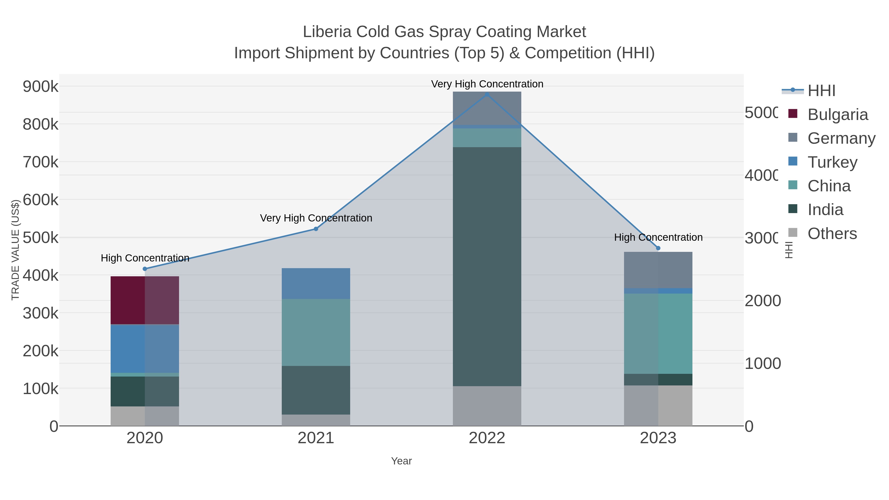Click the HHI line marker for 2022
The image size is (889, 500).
pos(487,95)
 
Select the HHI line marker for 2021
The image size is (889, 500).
pos(316,229)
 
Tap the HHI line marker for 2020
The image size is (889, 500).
pos(145,269)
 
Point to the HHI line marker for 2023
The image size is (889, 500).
pos(658,248)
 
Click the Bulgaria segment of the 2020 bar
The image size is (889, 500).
pos(145,300)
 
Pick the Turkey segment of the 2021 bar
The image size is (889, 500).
pos(316,283)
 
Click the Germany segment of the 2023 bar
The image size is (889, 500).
pos(658,270)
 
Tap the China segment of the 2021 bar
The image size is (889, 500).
pos(316,332)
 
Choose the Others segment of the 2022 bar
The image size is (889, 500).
pos(487,406)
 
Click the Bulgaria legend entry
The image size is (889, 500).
pos(838,115)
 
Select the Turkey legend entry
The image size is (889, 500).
pos(832,162)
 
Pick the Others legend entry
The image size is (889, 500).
pos(832,234)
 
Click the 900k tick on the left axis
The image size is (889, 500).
pos(40,86)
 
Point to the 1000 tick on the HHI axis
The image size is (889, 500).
pos(762,363)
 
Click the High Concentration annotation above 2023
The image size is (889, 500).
pos(658,237)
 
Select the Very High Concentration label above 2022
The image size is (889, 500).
pos(487,84)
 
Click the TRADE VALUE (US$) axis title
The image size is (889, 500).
pos(16,250)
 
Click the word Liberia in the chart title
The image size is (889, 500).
pos(327,32)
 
